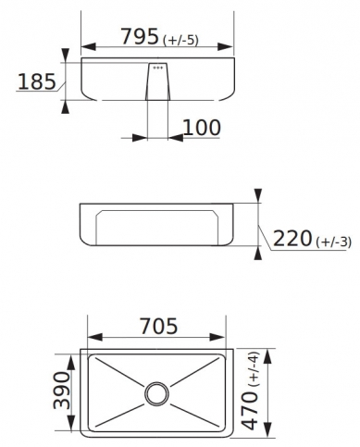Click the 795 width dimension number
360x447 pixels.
pyautogui.click(x=140, y=36)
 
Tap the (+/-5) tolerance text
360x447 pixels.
pyautogui.click(x=180, y=41)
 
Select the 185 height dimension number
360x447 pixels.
pyautogui.click(x=37, y=81)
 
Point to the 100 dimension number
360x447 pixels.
pyautogui.click(x=203, y=128)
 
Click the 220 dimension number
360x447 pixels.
pyautogui.click(x=292, y=238)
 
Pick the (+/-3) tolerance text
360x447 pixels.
pyautogui.click(x=333, y=242)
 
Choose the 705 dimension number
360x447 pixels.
pyautogui.click(x=159, y=326)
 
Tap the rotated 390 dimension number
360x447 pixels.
pyautogui.click(x=61, y=391)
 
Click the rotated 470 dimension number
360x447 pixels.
pyautogui.click(x=249, y=410)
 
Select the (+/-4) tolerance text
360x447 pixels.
pyautogui.click(x=253, y=369)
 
